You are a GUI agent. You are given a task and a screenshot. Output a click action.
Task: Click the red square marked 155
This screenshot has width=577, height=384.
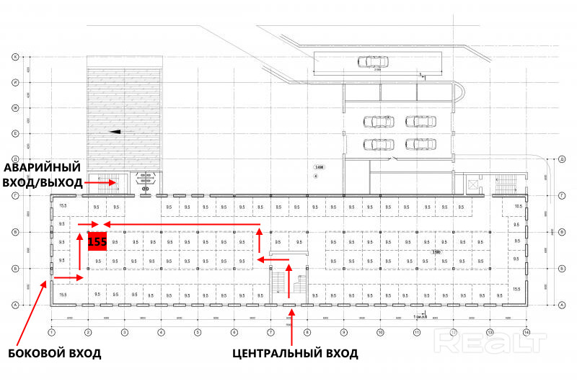tap(97, 241)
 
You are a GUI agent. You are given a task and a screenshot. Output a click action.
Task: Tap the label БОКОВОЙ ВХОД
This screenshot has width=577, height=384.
tap(55, 354)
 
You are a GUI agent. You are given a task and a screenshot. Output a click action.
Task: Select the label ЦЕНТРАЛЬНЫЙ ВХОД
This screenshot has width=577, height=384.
tap(295, 354)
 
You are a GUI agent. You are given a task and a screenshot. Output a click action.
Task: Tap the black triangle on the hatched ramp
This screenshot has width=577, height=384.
tap(114, 132)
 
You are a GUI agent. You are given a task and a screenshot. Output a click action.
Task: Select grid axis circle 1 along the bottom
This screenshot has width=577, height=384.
tap(52, 332)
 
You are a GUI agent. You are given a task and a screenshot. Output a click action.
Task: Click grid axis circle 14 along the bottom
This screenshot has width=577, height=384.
tap(527, 332)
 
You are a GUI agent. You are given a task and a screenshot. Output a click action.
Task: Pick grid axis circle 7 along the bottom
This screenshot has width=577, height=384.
tap(271, 332)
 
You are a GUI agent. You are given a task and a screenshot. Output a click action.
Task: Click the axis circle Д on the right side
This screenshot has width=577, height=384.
tap(561, 158)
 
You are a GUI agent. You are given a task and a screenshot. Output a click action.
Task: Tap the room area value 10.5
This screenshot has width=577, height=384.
tap(517, 207)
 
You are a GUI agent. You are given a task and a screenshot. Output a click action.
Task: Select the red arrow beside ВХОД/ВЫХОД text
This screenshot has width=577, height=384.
tap(100, 183)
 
